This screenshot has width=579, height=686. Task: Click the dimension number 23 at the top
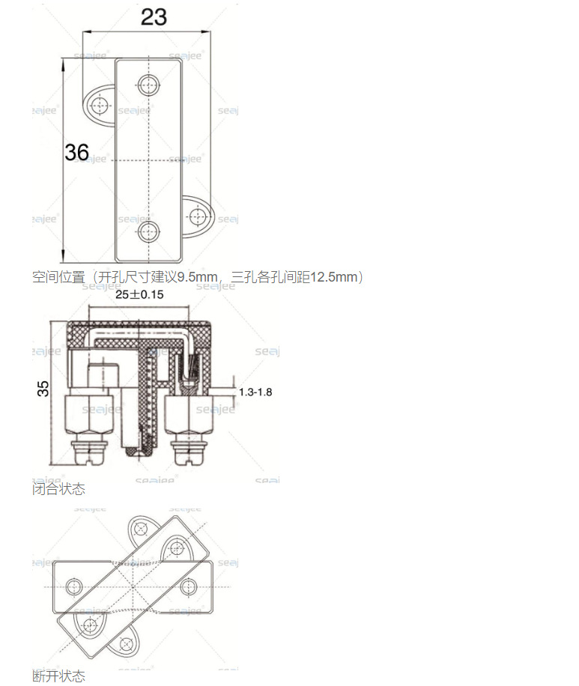click(154, 16)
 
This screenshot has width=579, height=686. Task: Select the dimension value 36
click(76, 153)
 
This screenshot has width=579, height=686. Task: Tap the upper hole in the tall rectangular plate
click(148, 85)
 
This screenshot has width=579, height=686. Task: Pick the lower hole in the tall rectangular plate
click(148, 232)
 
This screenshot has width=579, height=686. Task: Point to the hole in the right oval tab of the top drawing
click(197, 217)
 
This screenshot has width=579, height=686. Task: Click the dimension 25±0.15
click(139, 294)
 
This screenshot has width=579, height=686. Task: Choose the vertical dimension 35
click(43, 388)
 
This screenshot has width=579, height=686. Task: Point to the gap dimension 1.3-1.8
click(255, 392)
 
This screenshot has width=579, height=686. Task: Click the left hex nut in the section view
click(87, 419)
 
